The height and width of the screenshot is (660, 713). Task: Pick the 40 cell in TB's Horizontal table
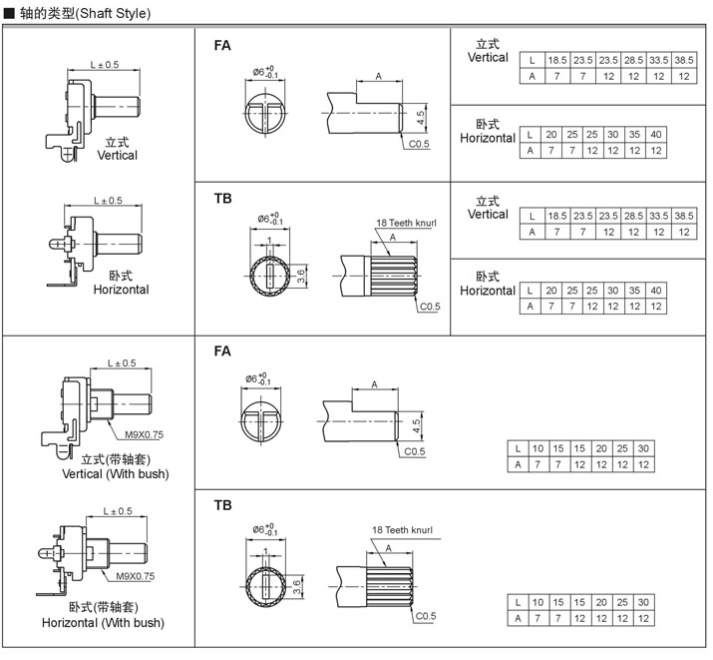tap(655, 290)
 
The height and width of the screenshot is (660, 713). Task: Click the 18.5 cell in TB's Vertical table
tap(557, 216)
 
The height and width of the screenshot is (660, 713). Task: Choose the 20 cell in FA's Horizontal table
tap(550, 134)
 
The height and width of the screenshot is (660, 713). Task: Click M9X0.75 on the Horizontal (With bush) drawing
tap(136, 576)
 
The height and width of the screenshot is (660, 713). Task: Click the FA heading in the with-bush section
tap(222, 351)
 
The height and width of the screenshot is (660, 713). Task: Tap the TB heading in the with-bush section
tap(222, 505)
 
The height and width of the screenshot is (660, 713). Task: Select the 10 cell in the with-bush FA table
tap(537, 448)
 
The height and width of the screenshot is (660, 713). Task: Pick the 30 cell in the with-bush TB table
tap(644, 602)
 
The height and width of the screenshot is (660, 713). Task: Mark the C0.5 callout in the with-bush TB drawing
tap(426, 616)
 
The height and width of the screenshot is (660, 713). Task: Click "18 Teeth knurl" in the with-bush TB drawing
tap(405, 530)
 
